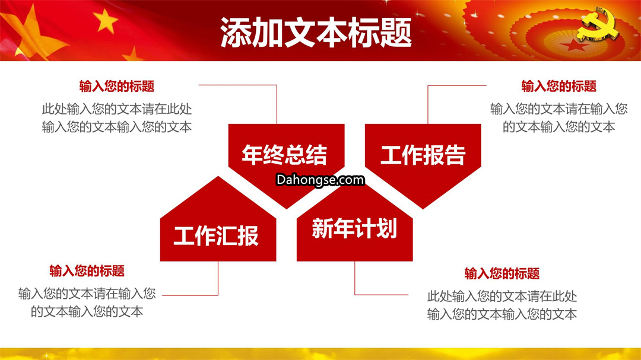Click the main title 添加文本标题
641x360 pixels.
(x=316, y=33)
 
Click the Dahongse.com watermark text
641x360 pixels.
(x=320, y=180)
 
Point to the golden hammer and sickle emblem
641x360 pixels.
(x=598, y=24)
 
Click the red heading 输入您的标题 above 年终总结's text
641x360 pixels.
(x=117, y=86)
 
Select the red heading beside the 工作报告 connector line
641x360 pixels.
(x=559, y=86)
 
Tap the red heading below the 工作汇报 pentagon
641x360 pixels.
(x=87, y=271)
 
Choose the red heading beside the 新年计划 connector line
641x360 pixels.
(x=502, y=273)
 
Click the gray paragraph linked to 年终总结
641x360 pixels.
(x=117, y=118)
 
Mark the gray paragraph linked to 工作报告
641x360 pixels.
(x=559, y=118)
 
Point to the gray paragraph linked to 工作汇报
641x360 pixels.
(x=87, y=303)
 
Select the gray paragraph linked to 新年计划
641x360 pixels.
(x=502, y=305)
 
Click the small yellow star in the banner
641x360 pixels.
(x=106, y=21)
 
